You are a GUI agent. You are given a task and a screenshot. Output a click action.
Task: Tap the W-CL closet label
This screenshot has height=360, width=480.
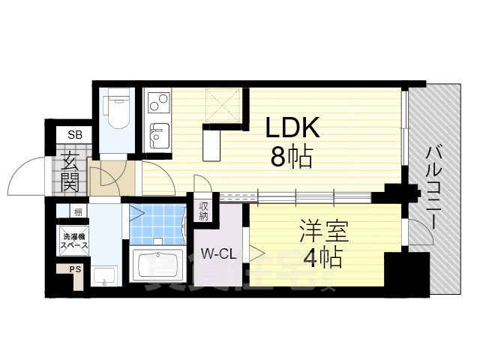pos(218,253)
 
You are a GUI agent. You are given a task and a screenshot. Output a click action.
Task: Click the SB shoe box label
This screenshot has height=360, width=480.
pos(76,135)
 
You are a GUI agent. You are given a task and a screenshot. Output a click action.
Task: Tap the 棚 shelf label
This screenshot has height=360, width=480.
pos(76,212)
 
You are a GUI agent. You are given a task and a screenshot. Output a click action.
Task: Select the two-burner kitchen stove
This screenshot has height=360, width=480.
pos(157,100)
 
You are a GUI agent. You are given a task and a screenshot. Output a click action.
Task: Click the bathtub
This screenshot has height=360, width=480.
pos(160,263)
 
